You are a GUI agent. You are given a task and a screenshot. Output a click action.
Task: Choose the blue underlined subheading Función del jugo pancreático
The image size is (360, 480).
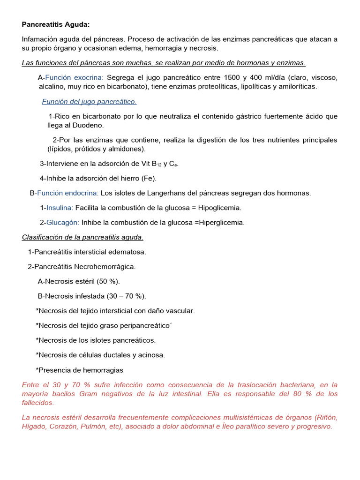point(89,101)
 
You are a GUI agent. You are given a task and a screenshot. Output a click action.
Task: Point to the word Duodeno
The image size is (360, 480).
point(89,125)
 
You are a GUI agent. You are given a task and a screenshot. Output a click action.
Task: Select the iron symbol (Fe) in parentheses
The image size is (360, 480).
point(148,178)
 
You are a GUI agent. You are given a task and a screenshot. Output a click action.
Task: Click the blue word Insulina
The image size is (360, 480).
point(60,207)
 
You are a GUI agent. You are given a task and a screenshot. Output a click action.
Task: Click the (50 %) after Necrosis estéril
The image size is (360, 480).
point(108,281)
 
